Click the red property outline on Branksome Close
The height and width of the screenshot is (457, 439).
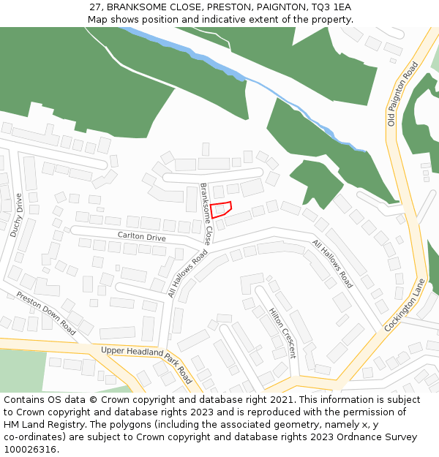point(222,209)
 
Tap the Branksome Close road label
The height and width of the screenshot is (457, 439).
point(206,214)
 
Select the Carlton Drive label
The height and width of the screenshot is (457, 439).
point(142,236)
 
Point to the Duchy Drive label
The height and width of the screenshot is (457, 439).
point(17,215)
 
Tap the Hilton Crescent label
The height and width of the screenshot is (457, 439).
point(283,332)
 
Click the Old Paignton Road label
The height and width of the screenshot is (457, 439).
point(402,94)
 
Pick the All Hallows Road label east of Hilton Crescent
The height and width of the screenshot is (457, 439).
point(332,263)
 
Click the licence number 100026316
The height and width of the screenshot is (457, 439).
point(29,449)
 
